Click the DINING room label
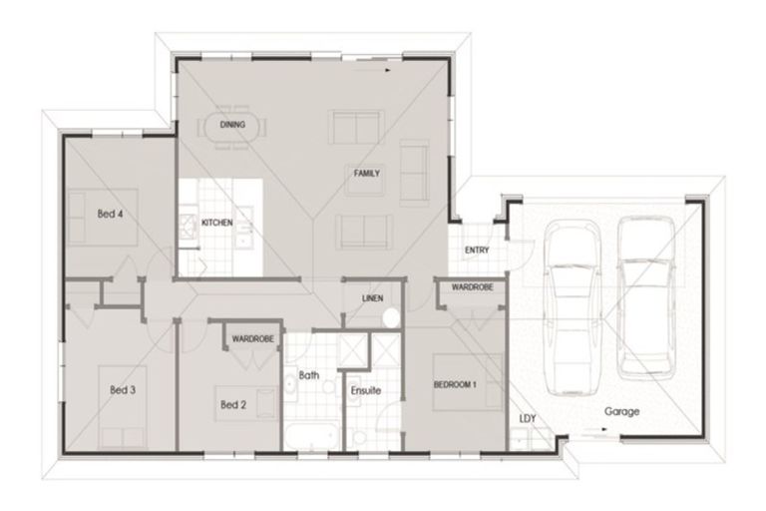tap(232, 125)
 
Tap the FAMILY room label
tap(366, 174)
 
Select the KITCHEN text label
tap(216, 222)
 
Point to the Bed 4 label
tap(110, 214)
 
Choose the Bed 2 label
tap(232, 404)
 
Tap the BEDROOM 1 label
tap(458, 384)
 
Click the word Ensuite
tap(366, 390)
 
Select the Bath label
tap(309, 376)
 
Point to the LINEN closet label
tap(371, 298)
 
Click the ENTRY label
tap(476, 250)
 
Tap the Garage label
tap(621, 411)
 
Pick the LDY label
tap(527, 418)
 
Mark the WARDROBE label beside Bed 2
tap(253, 339)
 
